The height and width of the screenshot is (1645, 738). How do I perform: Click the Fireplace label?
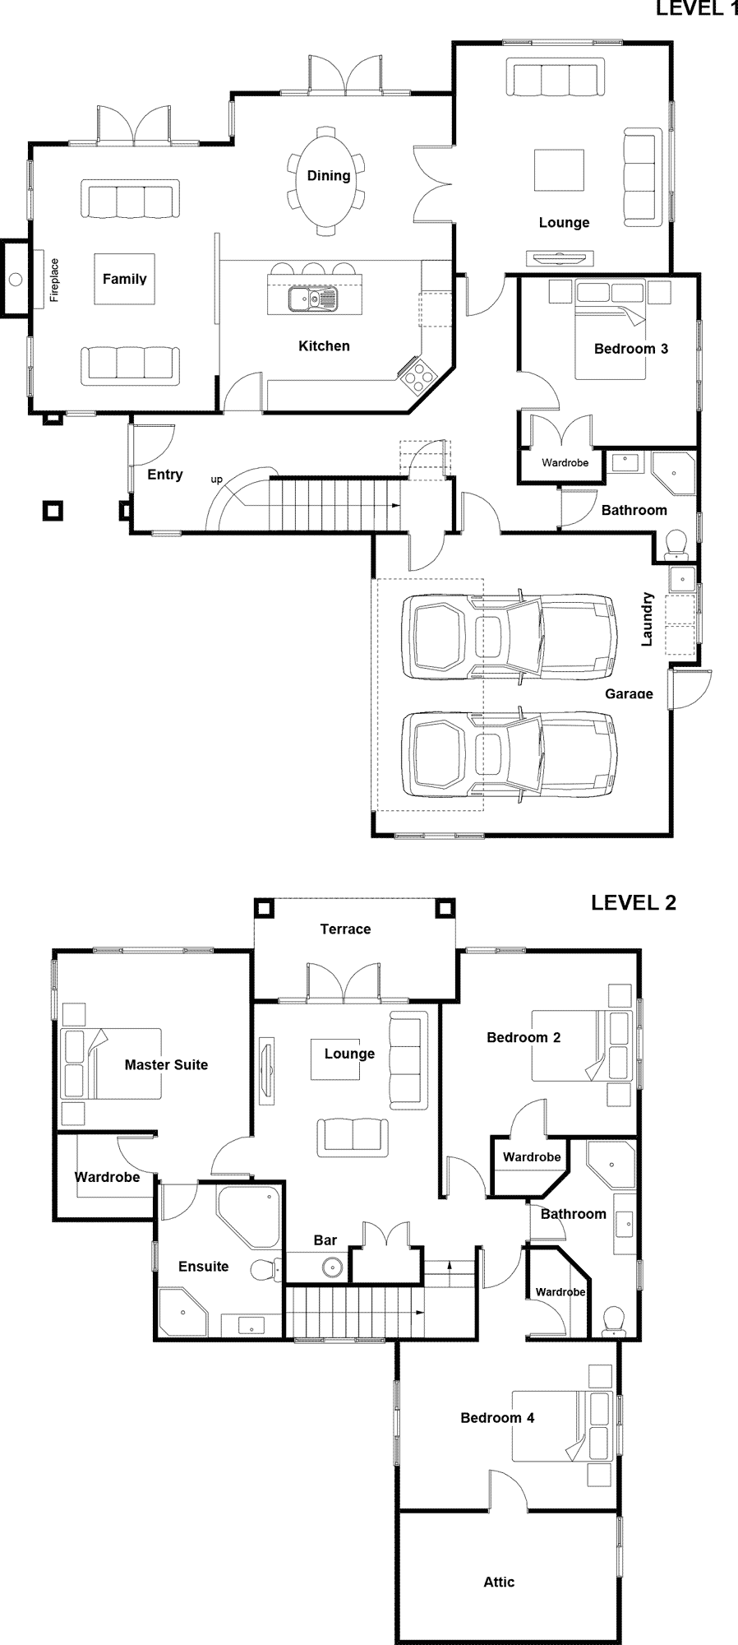click(x=54, y=280)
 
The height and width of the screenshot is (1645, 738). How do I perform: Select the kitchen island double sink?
click(x=312, y=299)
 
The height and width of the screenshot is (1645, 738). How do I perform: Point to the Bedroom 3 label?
click(x=631, y=349)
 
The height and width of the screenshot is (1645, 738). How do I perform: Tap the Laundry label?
click(x=647, y=619)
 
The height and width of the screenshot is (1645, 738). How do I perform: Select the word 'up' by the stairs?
click(x=217, y=480)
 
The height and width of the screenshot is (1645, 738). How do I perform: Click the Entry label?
click(x=165, y=475)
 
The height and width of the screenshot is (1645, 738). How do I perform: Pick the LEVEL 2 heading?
click(x=634, y=902)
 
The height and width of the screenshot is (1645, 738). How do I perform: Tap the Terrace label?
click(x=345, y=929)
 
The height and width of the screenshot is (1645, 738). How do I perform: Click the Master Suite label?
click(x=166, y=1064)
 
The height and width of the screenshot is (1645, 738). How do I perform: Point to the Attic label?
click(x=499, y=1582)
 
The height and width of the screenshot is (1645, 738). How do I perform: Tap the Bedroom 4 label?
click(x=497, y=1417)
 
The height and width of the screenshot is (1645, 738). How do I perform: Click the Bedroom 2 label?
click(x=524, y=1037)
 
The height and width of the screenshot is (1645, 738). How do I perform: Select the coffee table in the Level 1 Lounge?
click(x=560, y=170)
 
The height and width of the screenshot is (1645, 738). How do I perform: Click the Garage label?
click(x=629, y=693)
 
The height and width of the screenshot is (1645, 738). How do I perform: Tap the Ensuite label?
click(x=204, y=1266)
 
